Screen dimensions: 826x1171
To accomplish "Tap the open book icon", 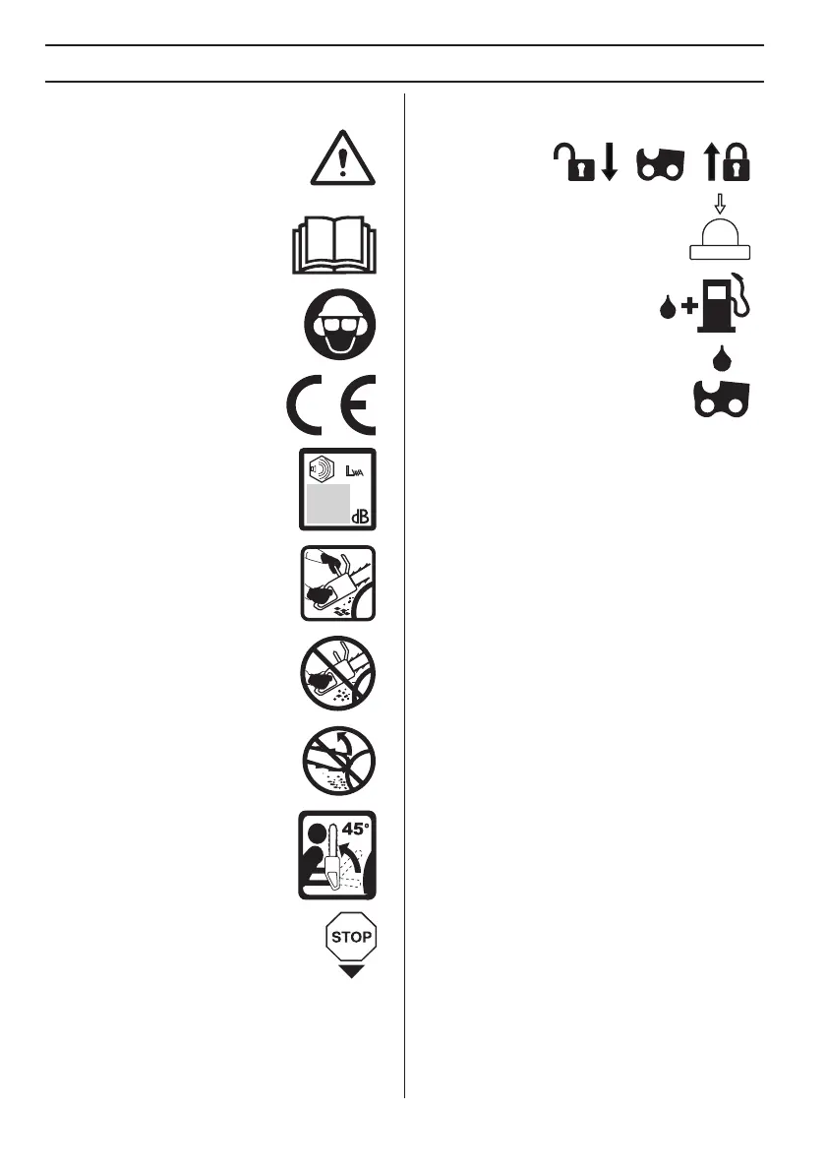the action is click(335, 246).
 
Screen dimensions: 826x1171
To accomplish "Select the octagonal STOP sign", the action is click(351, 936).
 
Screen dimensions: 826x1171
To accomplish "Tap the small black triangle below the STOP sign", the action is click(351, 971).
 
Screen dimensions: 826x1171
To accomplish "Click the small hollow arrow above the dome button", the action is click(721, 205).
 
